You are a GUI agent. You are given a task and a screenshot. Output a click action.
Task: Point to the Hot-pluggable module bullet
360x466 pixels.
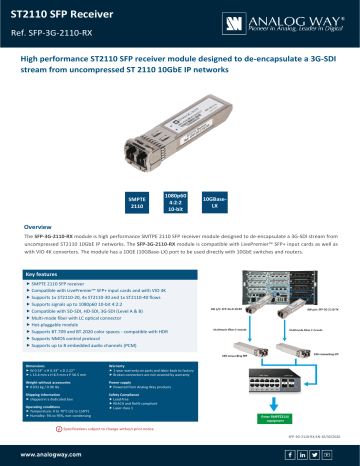(x=65, y=326)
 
